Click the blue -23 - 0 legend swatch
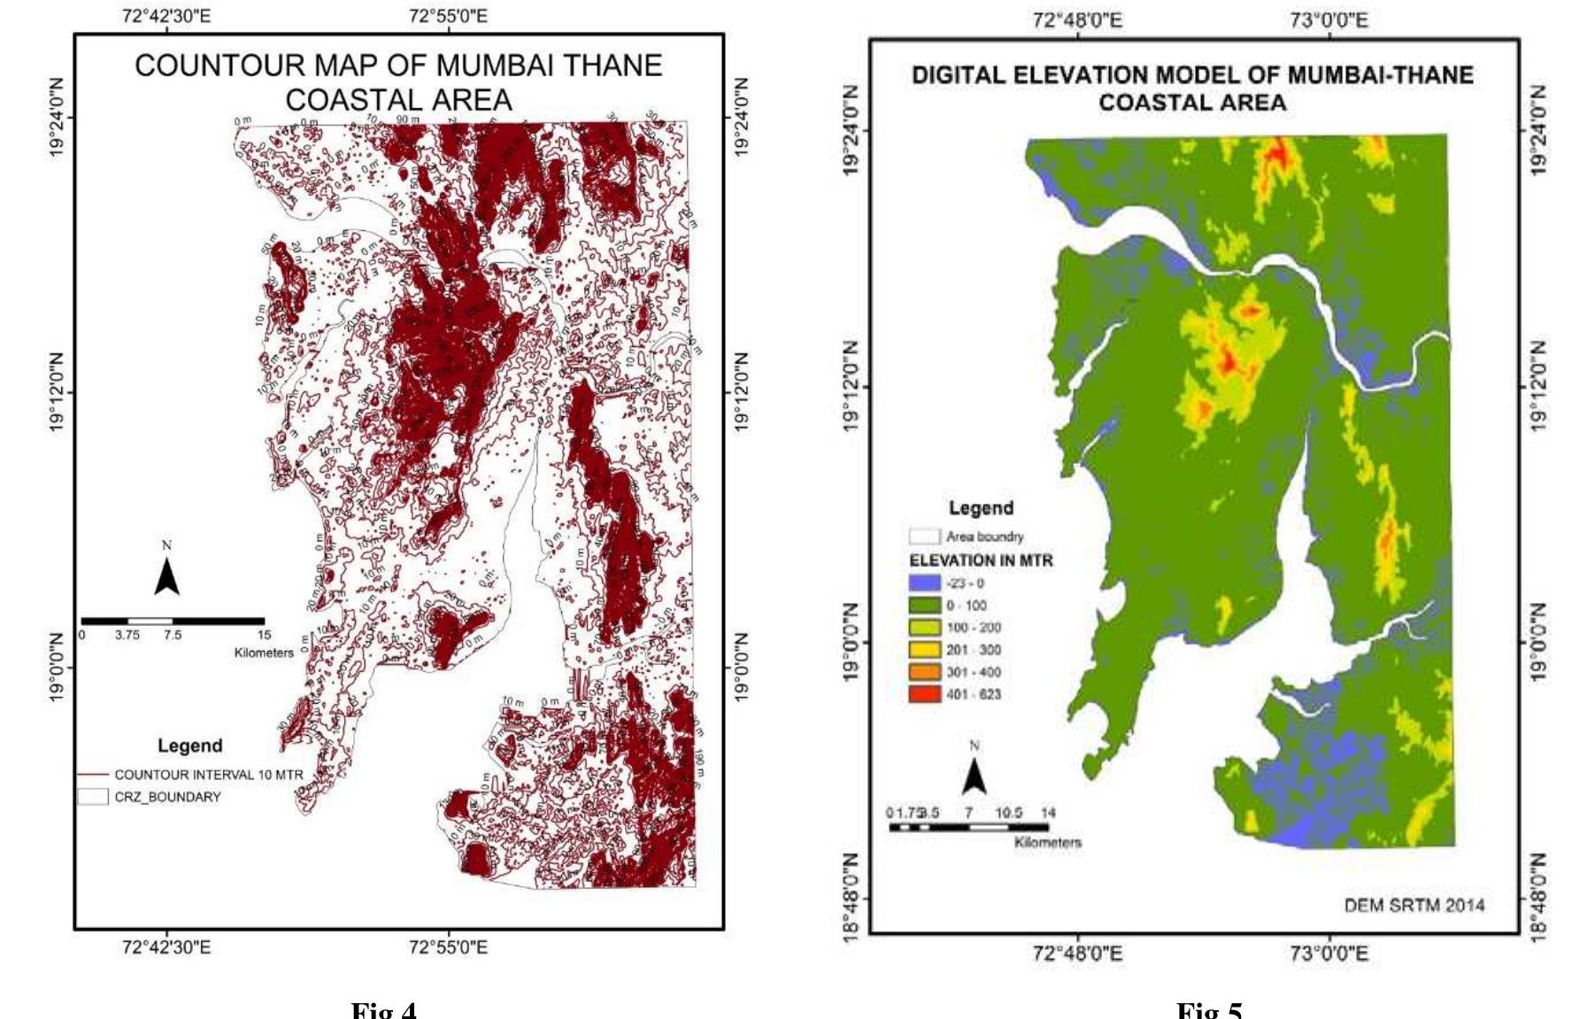(x=924, y=583)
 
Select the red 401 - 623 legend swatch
(x=924, y=694)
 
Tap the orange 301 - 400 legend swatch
(x=924, y=672)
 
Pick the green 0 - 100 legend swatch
(x=924, y=606)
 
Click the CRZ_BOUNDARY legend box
(x=93, y=797)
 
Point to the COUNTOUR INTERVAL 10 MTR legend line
(x=93, y=775)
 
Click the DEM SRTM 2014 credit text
(x=1414, y=905)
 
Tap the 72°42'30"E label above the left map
(x=166, y=16)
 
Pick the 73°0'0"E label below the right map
(x=1329, y=953)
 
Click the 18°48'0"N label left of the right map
(x=851, y=899)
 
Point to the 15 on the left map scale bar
(x=264, y=635)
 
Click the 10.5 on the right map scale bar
(x=1008, y=813)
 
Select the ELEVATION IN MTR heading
(x=981, y=560)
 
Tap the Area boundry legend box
(x=924, y=537)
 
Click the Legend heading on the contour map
(x=189, y=745)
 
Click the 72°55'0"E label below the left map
(x=449, y=948)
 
